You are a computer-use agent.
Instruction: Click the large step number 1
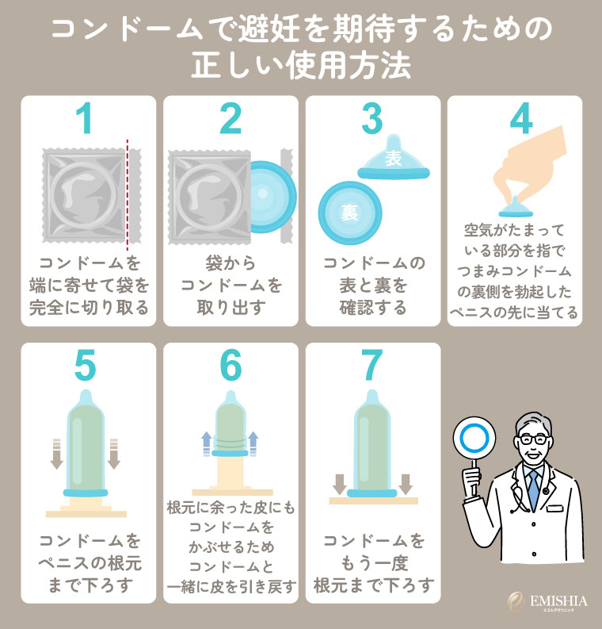click(x=85, y=118)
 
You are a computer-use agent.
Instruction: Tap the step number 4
click(x=521, y=118)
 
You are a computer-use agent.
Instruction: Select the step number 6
click(x=231, y=365)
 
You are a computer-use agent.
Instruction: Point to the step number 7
click(x=371, y=365)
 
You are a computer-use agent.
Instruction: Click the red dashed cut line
click(x=128, y=192)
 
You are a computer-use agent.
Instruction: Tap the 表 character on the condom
click(x=394, y=158)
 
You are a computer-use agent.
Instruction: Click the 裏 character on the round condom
click(x=349, y=213)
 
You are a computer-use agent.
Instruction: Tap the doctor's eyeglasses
click(x=533, y=439)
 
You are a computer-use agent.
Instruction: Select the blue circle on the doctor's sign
click(x=474, y=438)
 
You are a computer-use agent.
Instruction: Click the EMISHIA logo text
click(x=558, y=601)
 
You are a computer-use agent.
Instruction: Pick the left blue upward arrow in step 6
click(x=206, y=443)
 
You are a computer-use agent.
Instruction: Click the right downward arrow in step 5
click(x=114, y=454)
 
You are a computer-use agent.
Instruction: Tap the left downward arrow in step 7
click(x=340, y=484)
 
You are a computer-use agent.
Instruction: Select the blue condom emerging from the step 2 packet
click(x=273, y=198)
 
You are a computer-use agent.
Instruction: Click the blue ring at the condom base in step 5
click(x=86, y=493)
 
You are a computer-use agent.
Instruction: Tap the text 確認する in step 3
click(x=373, y=308)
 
